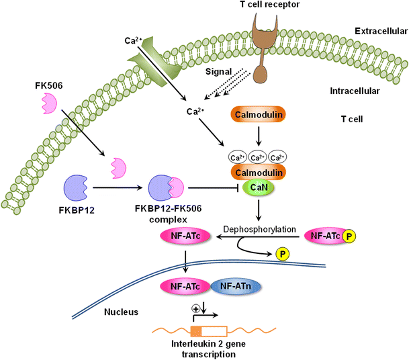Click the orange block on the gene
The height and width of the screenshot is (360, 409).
(196, 330)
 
